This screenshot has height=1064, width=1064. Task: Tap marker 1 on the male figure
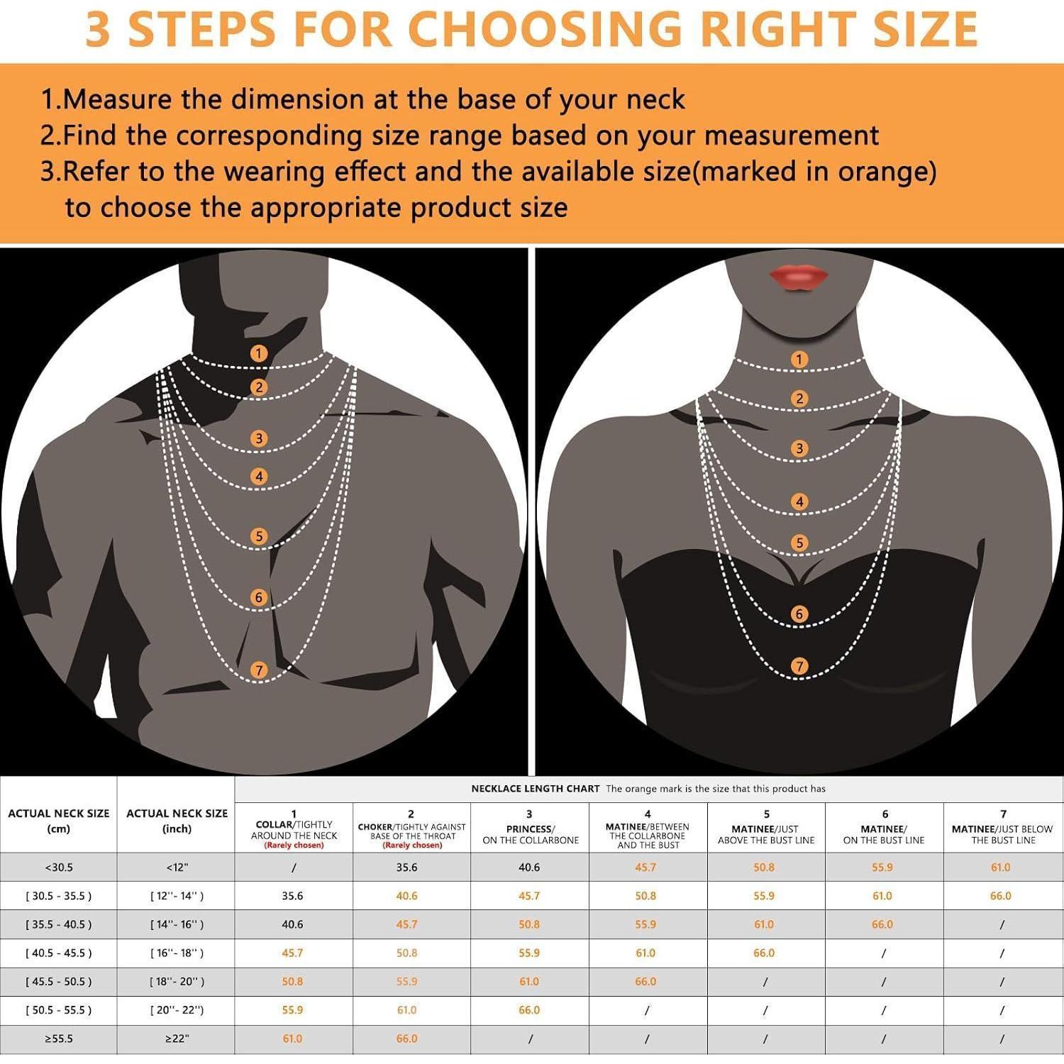(x=259, y=353)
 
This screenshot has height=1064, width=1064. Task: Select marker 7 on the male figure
(x=259, y=670)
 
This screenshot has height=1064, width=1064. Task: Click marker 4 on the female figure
(x=799, y=502)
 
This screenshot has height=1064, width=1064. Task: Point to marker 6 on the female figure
(x=799, y=614)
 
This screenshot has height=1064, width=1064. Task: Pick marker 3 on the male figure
(x=259, y=438)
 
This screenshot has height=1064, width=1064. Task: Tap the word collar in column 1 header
(x=275, y=825)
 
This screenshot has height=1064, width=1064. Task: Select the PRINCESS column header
(x=528, y=829)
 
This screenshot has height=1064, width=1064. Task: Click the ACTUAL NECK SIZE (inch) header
(x=177, y=821)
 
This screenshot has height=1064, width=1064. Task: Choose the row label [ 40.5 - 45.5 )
(x=59, y=953)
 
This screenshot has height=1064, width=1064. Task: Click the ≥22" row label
(x=177, y=1039)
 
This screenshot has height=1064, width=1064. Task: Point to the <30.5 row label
(x=59, y=868)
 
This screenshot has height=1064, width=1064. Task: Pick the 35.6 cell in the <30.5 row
(x=406, y=868)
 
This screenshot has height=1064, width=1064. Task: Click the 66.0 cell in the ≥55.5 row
(x=406, y=1039)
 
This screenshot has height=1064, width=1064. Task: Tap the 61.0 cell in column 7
(x=1000, y=868)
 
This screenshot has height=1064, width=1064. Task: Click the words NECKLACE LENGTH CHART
(x=536, y=789)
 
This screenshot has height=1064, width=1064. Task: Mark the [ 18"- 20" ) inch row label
(x=177, y=982)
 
